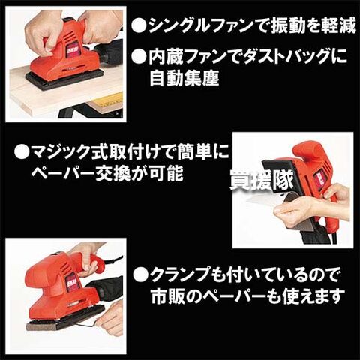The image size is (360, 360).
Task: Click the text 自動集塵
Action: click(x=184, y=78)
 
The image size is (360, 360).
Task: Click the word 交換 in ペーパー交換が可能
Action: click(x=113, y=173)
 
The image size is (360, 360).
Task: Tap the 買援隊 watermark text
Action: click(x=262, y=181)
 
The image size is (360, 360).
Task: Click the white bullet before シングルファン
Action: click(x=139, y=26)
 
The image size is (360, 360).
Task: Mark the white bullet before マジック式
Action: click(x=21, y=152)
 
